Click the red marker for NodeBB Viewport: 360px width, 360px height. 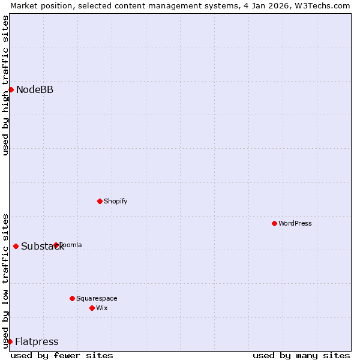pyautogui.click(x=11, y=89)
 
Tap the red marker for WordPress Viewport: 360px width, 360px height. pyautogui.click(x=274, y=223)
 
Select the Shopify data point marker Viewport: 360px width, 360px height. pyautogui.click(x=100, y=201)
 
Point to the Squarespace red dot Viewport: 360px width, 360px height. pyautogui.click(x=72, y=298)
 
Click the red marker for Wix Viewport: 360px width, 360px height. pyautogui.click(x=92, y=308)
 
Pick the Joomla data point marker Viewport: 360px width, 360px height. pyautogui.click(x=56, y=245)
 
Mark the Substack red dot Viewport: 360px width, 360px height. pyautogui.click(x=16, y=246)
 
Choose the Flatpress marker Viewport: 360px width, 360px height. pyautogui.click(x=10, y=341)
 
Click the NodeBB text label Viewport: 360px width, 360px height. pyautogui.click(x=35, y=90)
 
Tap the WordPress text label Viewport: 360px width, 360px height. pyautogui.click(x=295, y=223)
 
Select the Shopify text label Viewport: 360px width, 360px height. pyautogui.click(x=115, y=201)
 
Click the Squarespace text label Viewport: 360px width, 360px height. pyautogui.click(x=97, y=298)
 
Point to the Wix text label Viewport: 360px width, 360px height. pyautogui.click(x=102, y=308)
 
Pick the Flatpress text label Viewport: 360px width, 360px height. pyautogui.click(x=37, y=342)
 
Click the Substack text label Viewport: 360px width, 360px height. pyautogui.click(x=42, y=247)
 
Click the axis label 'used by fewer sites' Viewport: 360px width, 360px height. pyautogui.click(x=62, y=355)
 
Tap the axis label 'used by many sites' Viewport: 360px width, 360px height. pyautogui.click(x=301, y=355)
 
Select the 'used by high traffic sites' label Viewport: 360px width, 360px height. pyautogui.click(x=5, y=85)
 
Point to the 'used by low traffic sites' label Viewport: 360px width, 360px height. pyautogui.click(x=5, y=280)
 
